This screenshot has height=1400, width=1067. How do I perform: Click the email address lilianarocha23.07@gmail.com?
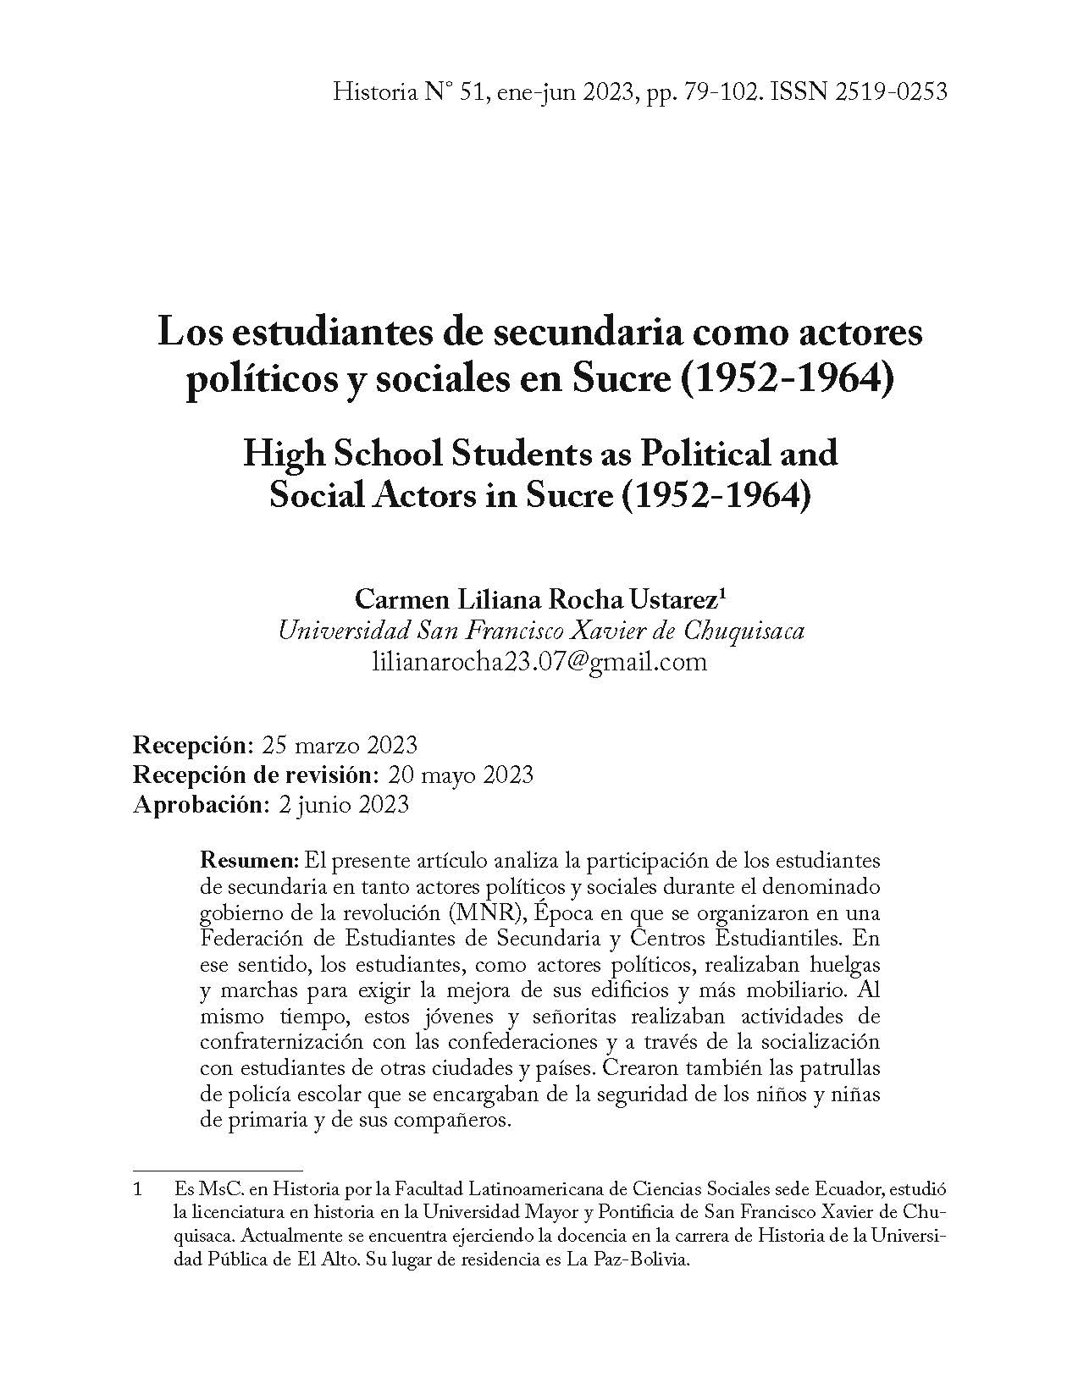pyautogui.click(x=539, y=661)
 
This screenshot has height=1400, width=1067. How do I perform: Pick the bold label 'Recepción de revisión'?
pyautogui.click(x=253, y=774)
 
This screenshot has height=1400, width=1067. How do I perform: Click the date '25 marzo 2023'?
pyautogui.click(x=340, y=745)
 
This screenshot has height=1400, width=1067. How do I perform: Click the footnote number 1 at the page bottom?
pyautogui.click(x=138, y=1190)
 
